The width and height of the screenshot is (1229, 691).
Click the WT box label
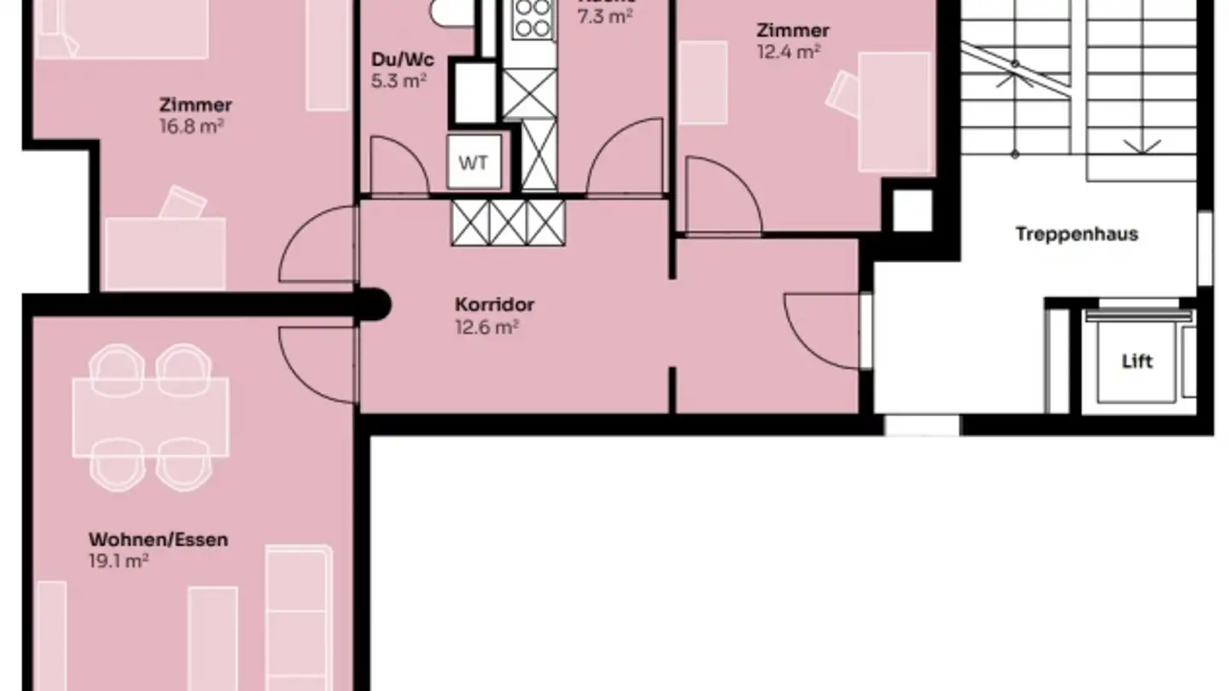tap(474, 162)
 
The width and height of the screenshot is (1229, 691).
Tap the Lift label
tap(1137, 361)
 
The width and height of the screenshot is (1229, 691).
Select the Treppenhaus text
tap(1076, 234)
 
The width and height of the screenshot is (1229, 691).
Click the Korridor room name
tap(494, 305)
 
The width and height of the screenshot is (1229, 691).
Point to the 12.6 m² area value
tap(487, 327)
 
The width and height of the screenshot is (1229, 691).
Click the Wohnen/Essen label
tap(158, 539)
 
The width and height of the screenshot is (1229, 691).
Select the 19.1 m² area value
tap(119, 560)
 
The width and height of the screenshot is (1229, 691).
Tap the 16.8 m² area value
tap(195, 126)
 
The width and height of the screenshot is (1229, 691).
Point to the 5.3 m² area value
tap(399, 81)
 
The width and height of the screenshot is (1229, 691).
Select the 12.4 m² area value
tap(789, 51)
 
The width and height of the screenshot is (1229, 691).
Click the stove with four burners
tap(533, 19)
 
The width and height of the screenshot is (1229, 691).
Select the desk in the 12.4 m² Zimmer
tap(894, 111)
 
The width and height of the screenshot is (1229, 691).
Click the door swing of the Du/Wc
tap(399, 166)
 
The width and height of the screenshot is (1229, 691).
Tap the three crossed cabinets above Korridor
tap(508, 222)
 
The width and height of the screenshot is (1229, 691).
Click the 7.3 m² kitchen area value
tap(603, 16)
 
